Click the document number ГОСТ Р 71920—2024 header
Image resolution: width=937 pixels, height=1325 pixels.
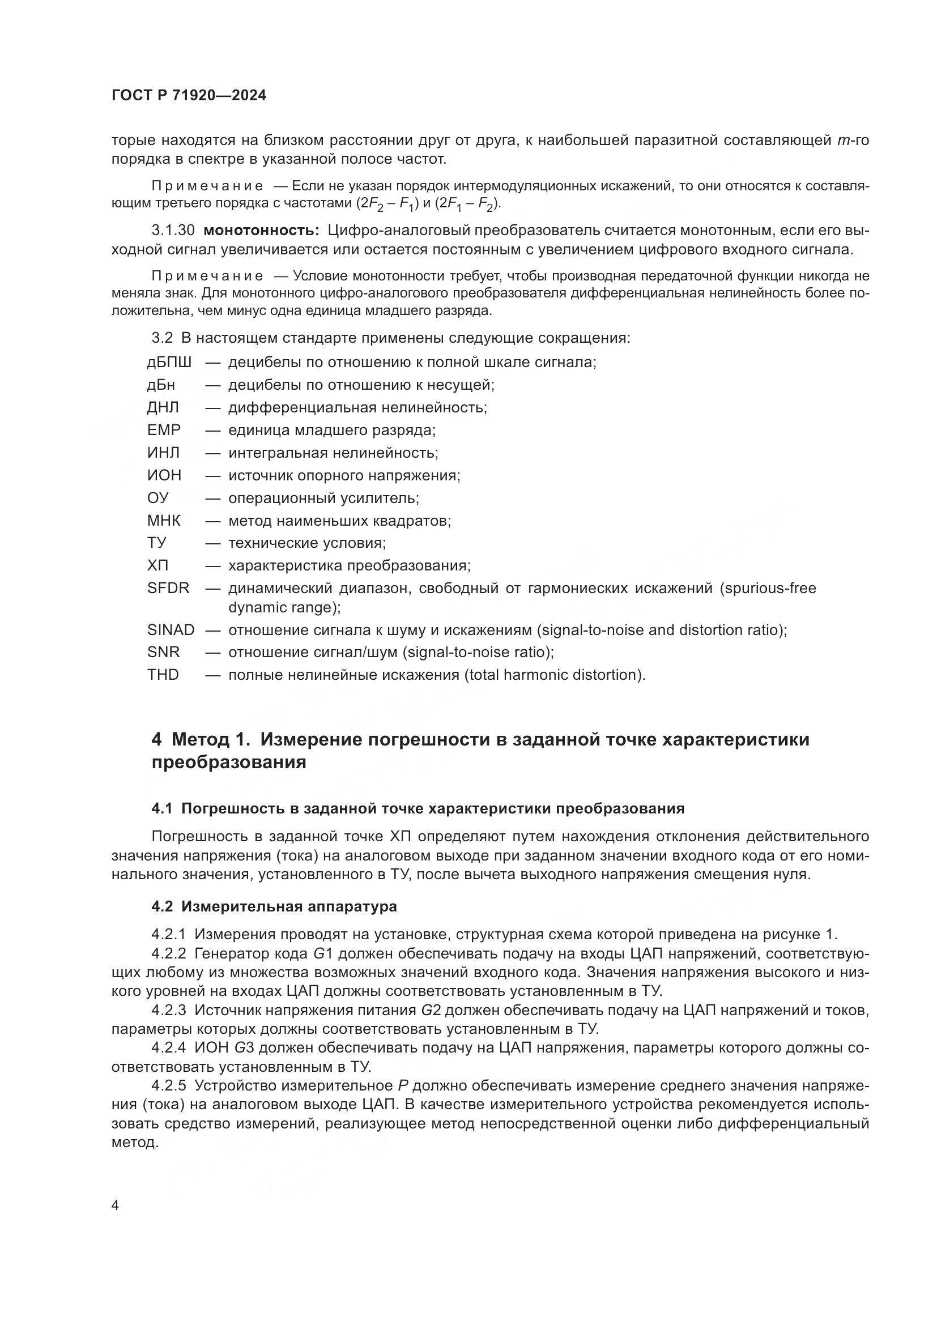[189, 96]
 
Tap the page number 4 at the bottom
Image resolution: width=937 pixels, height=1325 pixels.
[116, 1205]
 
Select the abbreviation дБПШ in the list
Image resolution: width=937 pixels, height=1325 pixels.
[169, 363]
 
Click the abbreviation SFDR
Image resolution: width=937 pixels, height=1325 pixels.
[168, 588]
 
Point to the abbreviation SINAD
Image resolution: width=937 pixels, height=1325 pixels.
[171, 629]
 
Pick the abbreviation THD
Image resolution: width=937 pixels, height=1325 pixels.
[163, 675]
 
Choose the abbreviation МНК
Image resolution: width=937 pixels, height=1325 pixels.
[164, 521]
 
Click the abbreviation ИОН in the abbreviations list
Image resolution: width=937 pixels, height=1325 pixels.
[164, 475]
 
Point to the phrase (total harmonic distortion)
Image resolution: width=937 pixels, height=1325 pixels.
[555, 675]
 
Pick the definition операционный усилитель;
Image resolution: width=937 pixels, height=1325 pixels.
[323, 498]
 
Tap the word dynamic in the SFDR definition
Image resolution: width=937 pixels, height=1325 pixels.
[254, 607]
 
